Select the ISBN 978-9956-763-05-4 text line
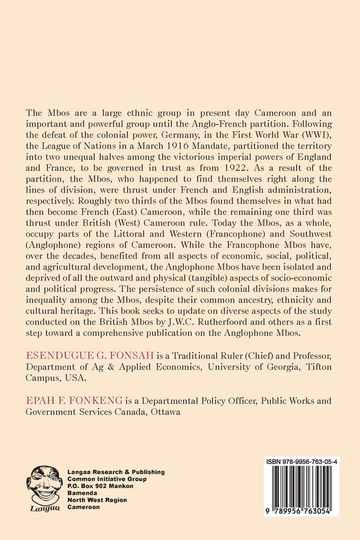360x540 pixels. coord(302,461)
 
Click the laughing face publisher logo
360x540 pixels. coord(44,485)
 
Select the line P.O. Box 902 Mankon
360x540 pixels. coord(100,486)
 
